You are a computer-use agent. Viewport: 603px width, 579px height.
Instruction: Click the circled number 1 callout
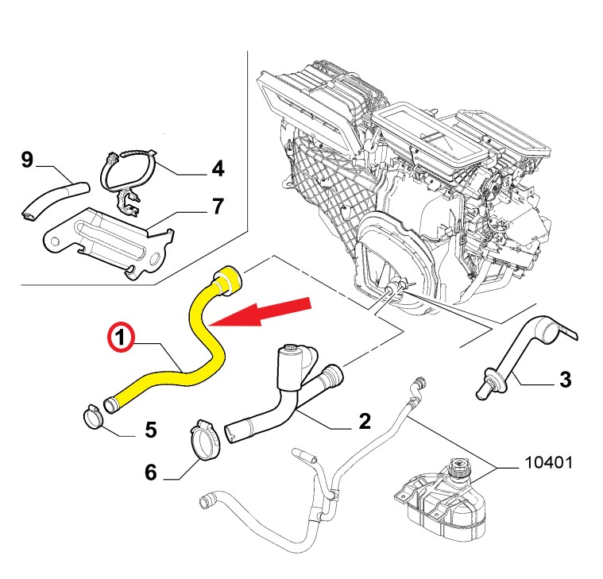click(119, 339)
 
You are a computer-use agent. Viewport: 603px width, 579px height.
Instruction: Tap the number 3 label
click(565, 380)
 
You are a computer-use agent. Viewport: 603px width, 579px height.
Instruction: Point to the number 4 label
click(217, 168)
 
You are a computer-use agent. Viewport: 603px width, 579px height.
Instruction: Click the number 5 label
click(150, 430)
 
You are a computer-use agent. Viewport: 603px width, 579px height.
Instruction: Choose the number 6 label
click(151, 473)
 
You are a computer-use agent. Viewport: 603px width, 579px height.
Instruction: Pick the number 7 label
click(217, 207)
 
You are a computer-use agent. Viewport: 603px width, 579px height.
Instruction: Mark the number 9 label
click(27, 161)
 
